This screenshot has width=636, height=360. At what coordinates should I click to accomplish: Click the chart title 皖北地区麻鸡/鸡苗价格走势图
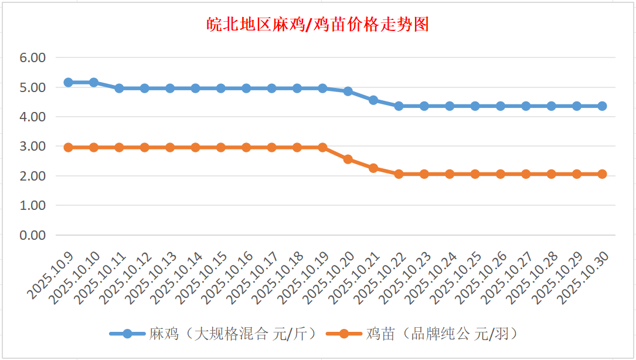318,25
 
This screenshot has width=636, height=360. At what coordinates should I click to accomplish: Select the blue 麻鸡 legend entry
215,334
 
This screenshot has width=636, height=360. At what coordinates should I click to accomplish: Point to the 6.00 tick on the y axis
33,57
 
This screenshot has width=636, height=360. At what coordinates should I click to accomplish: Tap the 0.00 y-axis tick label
33,235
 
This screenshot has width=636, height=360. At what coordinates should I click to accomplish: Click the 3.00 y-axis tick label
33,146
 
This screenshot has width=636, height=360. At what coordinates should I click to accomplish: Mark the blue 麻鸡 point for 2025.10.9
68,82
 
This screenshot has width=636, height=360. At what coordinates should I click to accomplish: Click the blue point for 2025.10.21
373,100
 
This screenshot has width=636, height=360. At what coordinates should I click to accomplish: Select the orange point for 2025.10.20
348,159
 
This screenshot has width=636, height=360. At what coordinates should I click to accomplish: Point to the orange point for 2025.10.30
602,174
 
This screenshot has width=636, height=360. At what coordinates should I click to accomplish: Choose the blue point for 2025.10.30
602,106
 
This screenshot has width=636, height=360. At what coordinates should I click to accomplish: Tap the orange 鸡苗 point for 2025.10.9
68,147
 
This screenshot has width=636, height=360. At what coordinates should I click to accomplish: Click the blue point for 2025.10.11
119,88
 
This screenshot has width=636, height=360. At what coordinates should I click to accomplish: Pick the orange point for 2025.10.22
399,174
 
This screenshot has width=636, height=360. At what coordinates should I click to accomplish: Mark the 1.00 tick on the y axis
33,205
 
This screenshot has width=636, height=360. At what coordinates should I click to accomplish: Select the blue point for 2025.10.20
348,91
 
